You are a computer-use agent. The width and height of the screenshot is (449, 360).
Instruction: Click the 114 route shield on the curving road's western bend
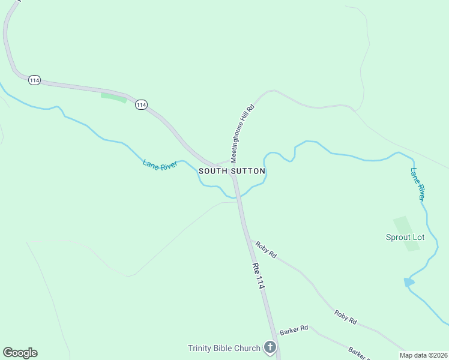pos(34,80)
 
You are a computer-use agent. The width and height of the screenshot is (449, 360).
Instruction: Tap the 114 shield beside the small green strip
pos(141,104)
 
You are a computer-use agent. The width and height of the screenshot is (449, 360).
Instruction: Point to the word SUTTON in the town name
pos(247,171)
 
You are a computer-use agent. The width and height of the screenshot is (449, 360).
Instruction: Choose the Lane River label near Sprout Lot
pos(418,184)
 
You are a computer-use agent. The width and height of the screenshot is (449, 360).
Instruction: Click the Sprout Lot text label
pos(405,237)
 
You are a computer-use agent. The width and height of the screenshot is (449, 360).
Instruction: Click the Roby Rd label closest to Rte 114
pos(265,250)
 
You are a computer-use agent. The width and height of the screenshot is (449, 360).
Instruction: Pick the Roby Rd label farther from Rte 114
pos(346,317)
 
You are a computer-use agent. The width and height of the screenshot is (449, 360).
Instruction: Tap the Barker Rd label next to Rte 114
pos(294,329)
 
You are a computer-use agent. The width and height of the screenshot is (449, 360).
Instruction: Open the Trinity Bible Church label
pos(224,348)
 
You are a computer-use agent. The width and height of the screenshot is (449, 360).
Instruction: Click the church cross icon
pos(270,347)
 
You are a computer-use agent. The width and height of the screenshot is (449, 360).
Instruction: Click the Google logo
pos(20,353)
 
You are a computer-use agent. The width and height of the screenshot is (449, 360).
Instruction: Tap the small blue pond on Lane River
pos(409,282)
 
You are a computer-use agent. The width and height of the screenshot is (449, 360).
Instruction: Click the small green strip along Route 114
pos(113,97)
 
